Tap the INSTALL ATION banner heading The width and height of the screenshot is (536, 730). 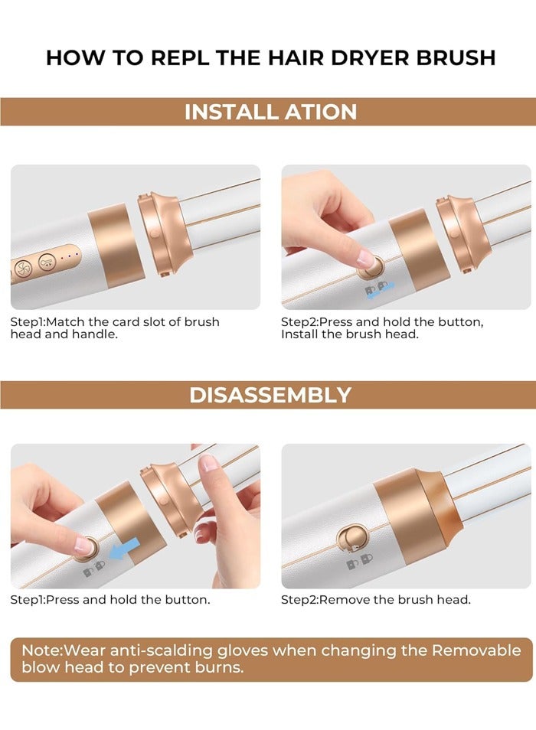pos(270,112)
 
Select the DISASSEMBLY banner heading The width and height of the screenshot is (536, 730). pos(270,395)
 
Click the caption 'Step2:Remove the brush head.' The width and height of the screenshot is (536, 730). pos(375,600)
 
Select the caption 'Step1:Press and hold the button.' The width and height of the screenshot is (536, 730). pos(109,600)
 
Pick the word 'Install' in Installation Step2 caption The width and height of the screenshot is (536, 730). pos(300,335)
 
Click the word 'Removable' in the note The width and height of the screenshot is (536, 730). pos(476,651)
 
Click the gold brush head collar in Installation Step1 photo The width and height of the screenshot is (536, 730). pos(162,233)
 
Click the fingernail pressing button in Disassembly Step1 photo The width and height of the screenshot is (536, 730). pos(83,544)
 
